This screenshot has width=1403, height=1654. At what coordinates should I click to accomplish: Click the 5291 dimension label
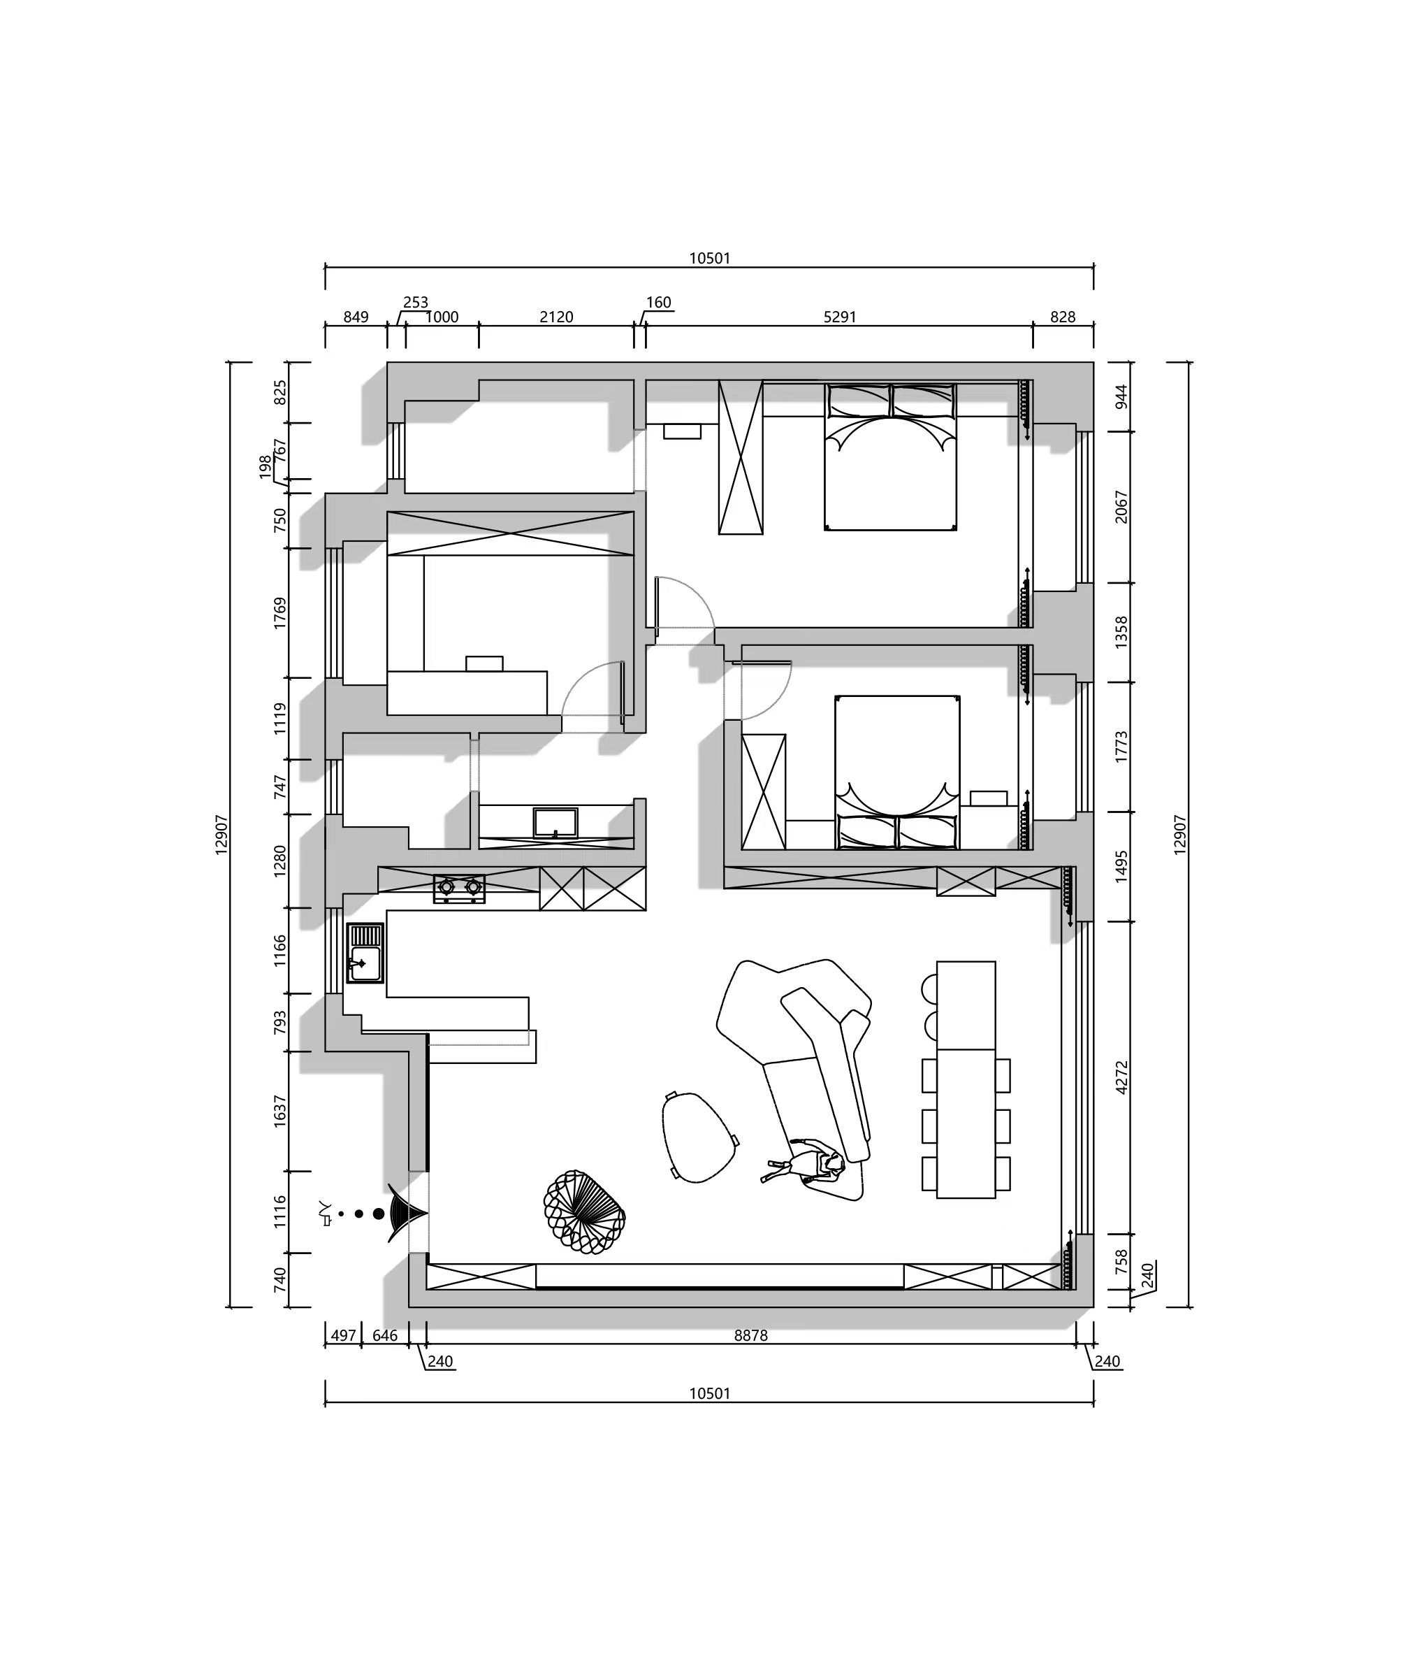[840, 317]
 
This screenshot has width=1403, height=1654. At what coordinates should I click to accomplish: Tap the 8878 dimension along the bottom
[751, 1336]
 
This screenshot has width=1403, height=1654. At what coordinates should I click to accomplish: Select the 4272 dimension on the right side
[1121, 1077]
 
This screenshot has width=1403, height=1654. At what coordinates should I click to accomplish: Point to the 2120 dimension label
[556, 317]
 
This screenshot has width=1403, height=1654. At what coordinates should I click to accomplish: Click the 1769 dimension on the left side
[280, 613]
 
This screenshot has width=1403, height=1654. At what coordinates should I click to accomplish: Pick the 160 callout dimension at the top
[659, 302]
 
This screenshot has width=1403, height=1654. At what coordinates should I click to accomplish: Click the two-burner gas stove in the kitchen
[459, 888]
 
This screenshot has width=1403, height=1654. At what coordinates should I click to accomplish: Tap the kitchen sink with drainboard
[365, 953]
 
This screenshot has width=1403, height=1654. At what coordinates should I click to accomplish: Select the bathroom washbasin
[555, 822]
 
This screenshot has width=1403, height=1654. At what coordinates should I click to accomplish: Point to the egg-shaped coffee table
[698, 1137]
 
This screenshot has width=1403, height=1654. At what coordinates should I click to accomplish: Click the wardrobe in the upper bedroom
[741, 457]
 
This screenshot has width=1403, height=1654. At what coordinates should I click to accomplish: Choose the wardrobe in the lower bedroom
[764, 791]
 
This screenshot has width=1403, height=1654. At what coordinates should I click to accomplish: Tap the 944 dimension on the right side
[1121, 397]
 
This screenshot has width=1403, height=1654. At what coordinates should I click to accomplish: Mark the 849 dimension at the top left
[356, 317]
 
